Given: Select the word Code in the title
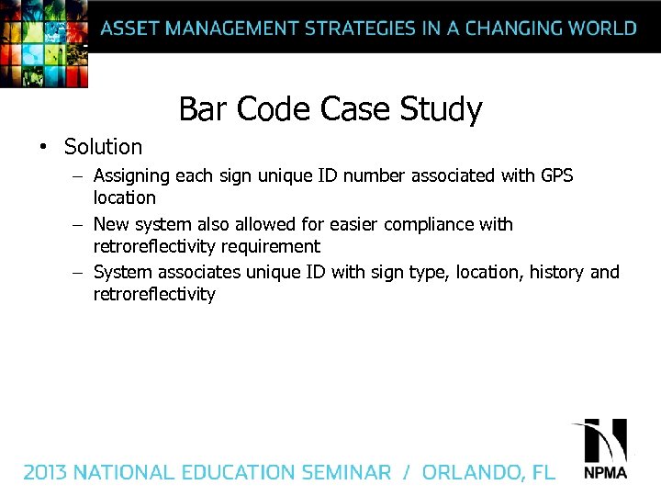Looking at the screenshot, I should click(274, 109).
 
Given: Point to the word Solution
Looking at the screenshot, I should click(103, 147).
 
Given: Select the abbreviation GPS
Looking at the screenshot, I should click(554, 175).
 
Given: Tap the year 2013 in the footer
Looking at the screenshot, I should click(45, 473).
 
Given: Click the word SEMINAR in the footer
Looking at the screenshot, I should click(342, 473).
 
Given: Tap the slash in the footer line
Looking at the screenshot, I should click(406, 473).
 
